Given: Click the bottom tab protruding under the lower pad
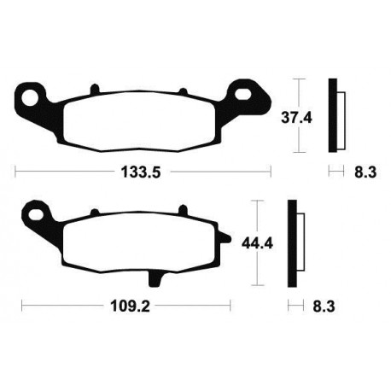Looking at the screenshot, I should point(157,277).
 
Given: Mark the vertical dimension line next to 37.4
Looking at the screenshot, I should point(297,115).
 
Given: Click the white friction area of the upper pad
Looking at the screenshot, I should point(137,120).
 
